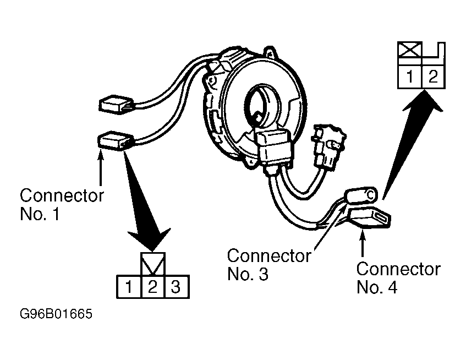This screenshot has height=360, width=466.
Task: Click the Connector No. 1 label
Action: pos(62,204)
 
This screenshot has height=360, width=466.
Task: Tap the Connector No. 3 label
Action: pos(269,265)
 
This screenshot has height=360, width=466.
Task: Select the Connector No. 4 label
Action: pos(398,278)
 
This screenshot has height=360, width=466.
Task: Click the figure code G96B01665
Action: pos(56,314)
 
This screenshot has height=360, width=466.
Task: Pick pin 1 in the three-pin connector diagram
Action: pos(129,287)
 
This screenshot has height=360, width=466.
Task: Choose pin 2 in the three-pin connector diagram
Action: pos(153,287)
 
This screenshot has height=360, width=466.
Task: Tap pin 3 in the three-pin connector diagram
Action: pos(177,287)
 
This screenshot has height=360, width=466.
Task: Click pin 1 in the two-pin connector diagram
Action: pos(409,77)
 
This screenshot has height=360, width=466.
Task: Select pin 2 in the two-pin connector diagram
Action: pos(434,77)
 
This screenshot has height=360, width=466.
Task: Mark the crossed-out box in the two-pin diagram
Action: pos(409,50)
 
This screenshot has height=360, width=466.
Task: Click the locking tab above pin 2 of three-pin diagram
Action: pos(153,264)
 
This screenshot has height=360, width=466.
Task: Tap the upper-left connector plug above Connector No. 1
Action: pos(116,105)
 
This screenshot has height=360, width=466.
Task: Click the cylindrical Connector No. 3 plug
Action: pos(360,195)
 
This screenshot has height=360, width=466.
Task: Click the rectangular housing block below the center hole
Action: pos(275,146)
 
